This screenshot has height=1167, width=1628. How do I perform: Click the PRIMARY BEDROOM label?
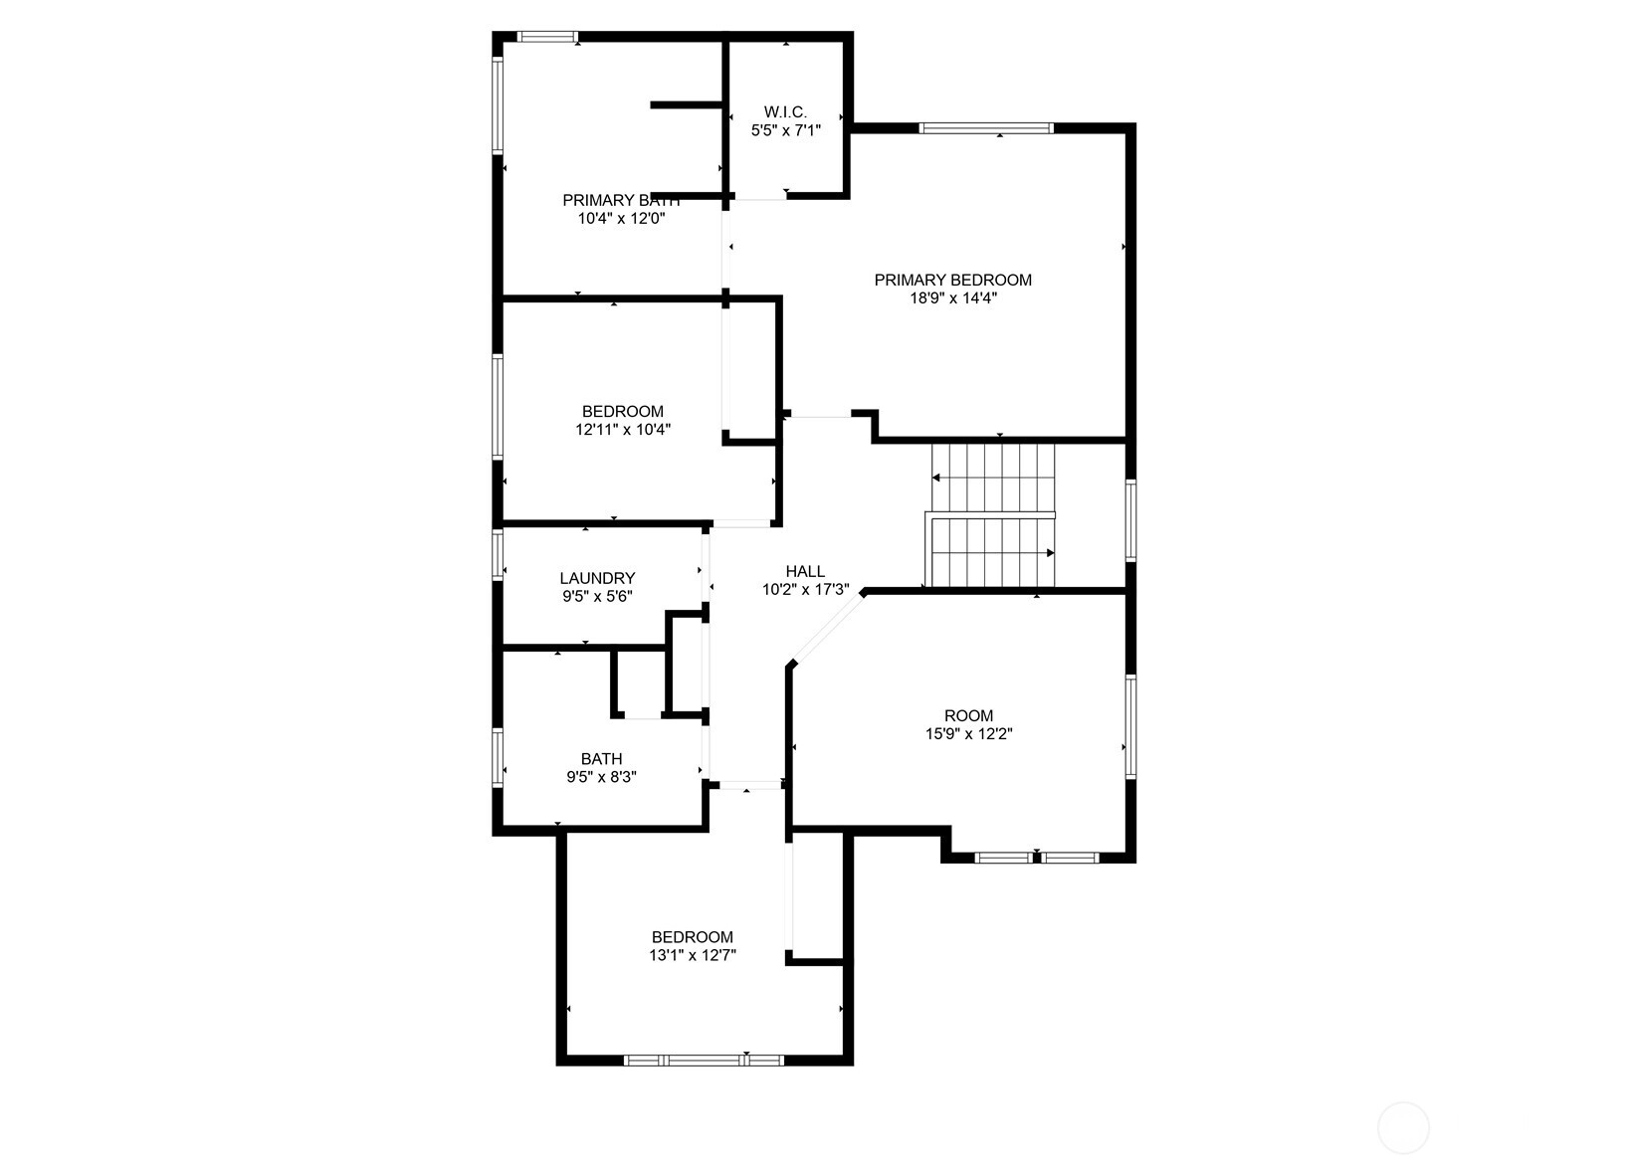[x=952, y=280]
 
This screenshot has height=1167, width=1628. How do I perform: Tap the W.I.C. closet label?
[x=785, y=111]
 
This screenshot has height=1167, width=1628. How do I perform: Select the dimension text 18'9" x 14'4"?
[x=952, y=297]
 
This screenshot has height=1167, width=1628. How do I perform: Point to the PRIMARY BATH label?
[x=621, y=200]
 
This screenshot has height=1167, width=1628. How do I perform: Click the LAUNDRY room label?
[x=597, y=578]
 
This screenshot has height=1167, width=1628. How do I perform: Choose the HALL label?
[x=805, y=571]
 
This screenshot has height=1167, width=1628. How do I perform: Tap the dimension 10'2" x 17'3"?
[x=805, y=589]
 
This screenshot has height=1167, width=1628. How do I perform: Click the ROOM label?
[x=969, y=715]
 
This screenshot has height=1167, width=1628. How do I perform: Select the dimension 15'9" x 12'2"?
[x=969, y=734]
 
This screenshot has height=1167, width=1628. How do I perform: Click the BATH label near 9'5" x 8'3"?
[x=602, y=759]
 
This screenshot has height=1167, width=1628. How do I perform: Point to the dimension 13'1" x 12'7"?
[x=693, y=955]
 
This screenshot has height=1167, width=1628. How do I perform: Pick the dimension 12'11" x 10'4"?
[x=623, y=430]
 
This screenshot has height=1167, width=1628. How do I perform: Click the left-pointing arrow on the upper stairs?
[x=936, y=478]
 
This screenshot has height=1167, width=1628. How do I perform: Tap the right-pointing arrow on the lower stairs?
[x=1050, y=553]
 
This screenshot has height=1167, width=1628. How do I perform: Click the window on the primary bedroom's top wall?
[x=985, y=128]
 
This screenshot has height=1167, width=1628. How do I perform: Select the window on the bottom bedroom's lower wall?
[x=704, y=1061]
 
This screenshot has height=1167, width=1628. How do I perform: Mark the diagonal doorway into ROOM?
[x=828, y=628]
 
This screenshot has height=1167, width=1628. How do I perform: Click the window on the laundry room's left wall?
[x=498, y=554]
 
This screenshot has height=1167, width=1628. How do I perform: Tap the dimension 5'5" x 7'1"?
[x=786, y=130]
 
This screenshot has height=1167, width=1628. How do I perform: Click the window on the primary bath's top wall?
[x=548, y=37]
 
